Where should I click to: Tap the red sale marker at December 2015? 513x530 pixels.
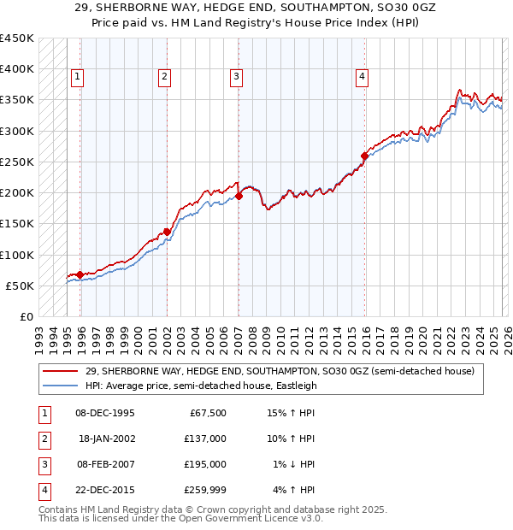click(x=364, y=156)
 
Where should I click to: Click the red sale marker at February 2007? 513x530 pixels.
click(x=239, y=196)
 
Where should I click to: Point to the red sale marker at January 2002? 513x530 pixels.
click(x=167, y=231)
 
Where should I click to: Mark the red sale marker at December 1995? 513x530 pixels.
click(x=80, y=274)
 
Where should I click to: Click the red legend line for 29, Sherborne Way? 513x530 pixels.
click(x=62, y=371)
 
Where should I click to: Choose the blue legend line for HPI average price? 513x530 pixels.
click(x=62, y=386)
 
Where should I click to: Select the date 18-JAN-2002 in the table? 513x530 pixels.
click(x=105, y=439)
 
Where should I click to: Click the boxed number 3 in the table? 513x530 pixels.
click(x=44, y=464)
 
